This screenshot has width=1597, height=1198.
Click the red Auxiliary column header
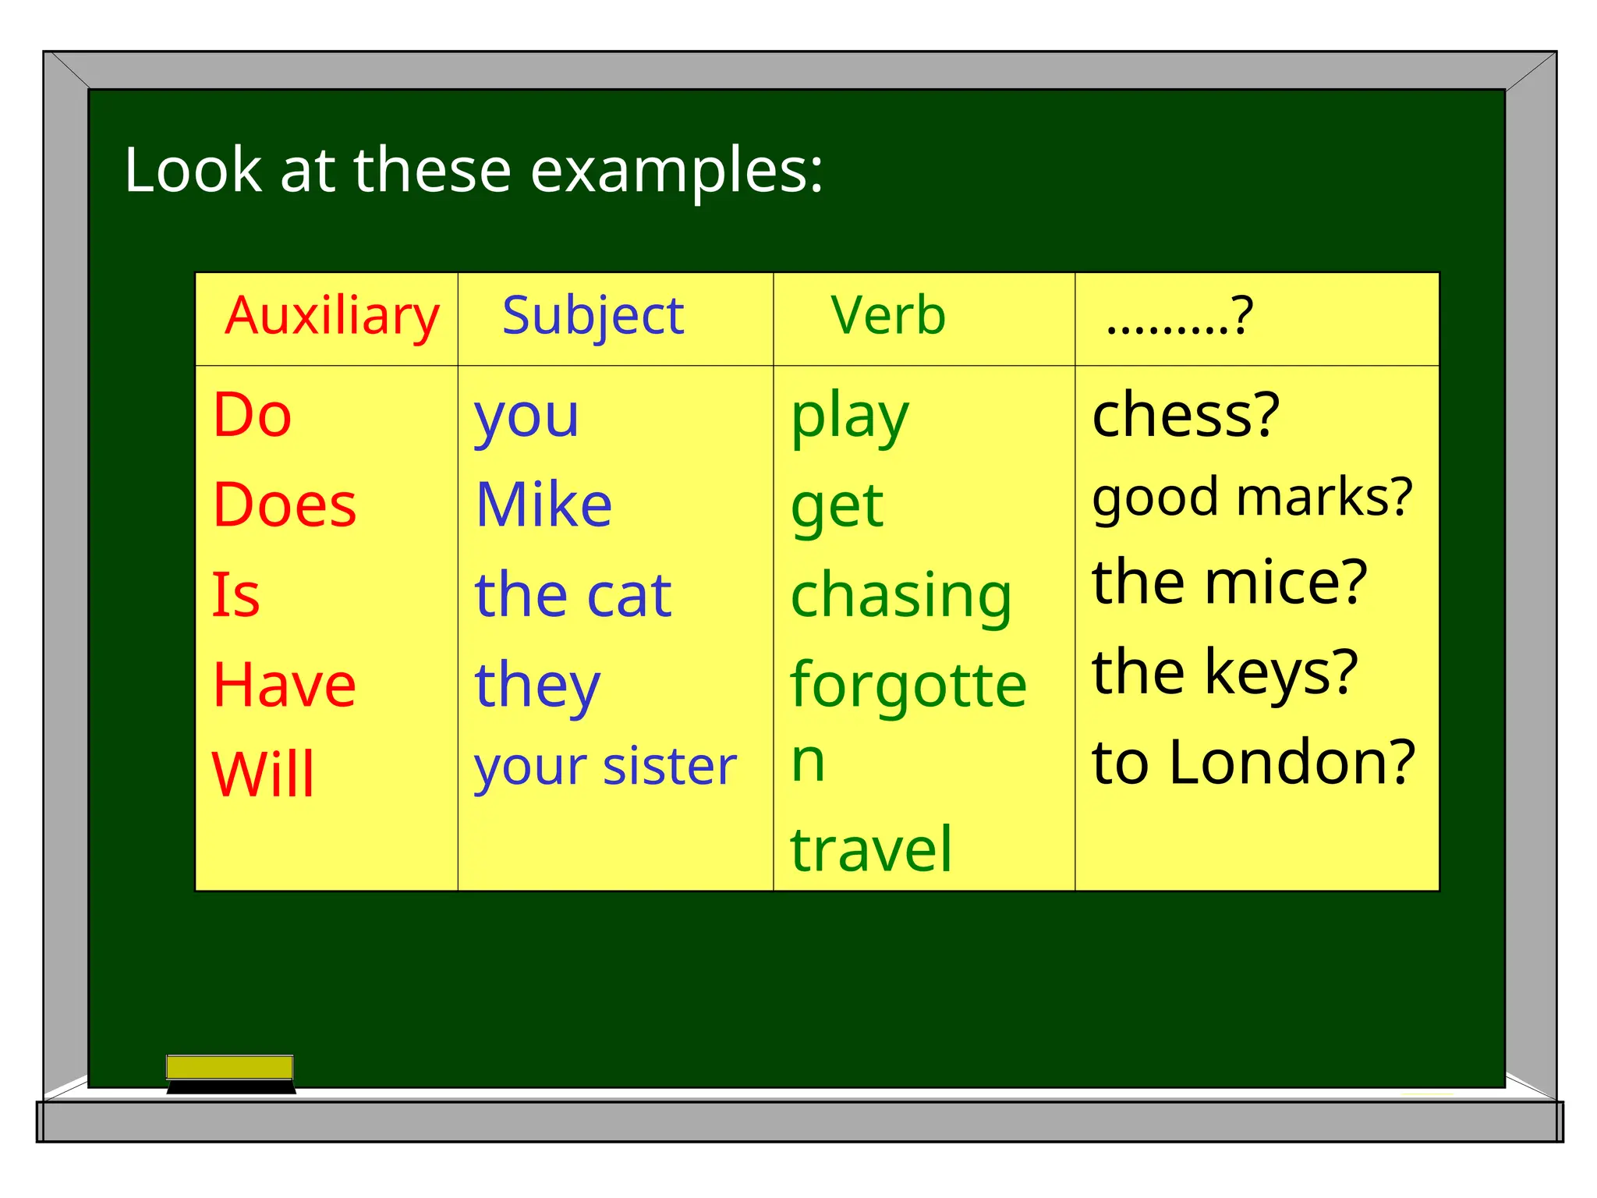(x=332, y=316)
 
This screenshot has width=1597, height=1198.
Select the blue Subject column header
(x=593, y=316)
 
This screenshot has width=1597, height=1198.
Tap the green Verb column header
(x=888, y=316)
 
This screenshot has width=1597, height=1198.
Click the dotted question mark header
(x=1179, y=316)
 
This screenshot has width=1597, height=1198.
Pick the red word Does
(x=285, y=505)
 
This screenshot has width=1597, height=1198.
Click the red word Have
(x=285, y=685)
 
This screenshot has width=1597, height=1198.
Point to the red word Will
(x=264, y=774)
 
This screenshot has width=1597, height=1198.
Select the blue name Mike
(x=544, y=505)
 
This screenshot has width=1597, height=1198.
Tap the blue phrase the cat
(x=573, y=595)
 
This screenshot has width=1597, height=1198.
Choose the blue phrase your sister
(x=605, y=767)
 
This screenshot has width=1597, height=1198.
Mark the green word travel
(x=871, y=849)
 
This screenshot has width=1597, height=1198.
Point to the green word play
(x=850, y=417)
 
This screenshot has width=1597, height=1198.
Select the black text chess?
(x=1186, y=415)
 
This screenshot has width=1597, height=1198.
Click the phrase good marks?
(x=1252, y=498)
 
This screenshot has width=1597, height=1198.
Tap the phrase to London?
(x=1253, y=762)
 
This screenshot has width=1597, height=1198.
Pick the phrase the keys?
(x=1225, y=672)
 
